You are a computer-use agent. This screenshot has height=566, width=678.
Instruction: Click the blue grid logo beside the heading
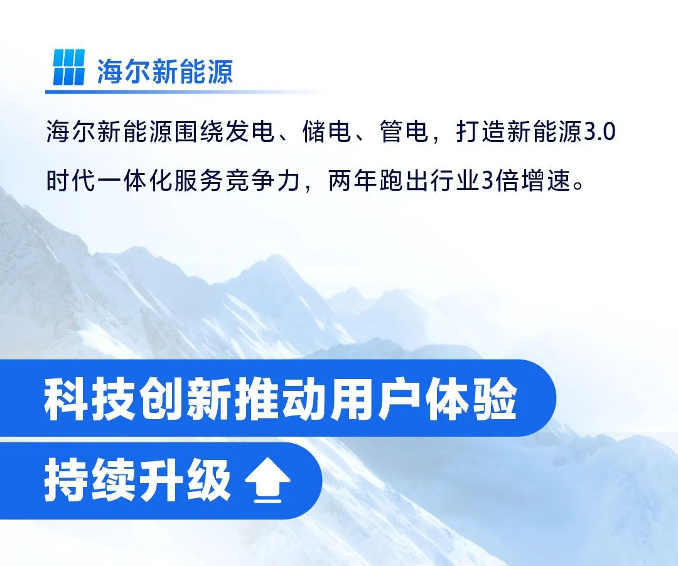[x=69, y=67]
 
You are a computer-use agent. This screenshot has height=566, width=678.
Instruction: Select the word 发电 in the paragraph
[x=250, y=131]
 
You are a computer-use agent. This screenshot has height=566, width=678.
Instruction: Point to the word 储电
[x=327, y=131]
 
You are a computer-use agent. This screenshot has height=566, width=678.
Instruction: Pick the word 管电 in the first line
[x=404, y=131]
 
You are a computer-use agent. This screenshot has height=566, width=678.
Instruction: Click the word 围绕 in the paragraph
[x=200, y=131]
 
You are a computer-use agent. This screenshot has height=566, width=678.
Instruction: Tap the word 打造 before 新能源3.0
[x=481, y=131]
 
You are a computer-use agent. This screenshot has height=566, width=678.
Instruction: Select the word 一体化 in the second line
[x=136, y=181]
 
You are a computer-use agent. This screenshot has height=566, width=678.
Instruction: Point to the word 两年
[x=353, y=181]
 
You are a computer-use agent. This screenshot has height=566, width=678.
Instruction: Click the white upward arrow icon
[x=267, y=480]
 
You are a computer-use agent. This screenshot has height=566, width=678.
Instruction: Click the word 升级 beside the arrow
[x=184, y=480]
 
